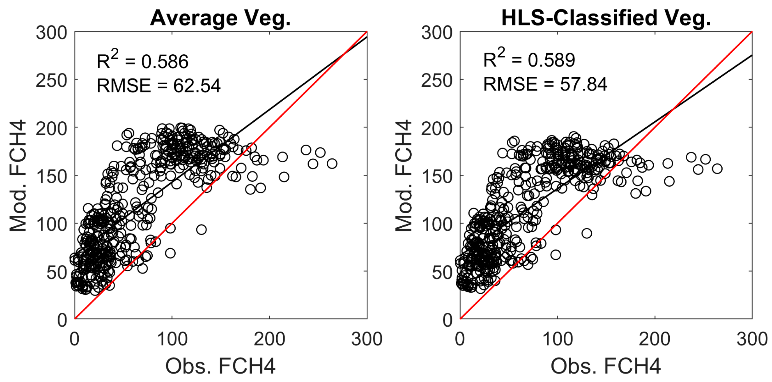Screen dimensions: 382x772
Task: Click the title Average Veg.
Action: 220,18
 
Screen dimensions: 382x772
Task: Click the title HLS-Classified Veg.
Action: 606,18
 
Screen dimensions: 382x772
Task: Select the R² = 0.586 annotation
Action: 143,60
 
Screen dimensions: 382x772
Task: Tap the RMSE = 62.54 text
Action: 159,86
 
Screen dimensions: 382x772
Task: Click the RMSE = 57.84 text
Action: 545,84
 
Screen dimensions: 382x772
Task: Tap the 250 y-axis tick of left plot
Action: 52,80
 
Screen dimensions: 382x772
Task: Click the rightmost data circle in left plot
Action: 332,163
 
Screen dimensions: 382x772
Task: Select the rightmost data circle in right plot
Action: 717,169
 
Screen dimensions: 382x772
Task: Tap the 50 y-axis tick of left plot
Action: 57,272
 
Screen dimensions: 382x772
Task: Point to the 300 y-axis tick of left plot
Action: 52,33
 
